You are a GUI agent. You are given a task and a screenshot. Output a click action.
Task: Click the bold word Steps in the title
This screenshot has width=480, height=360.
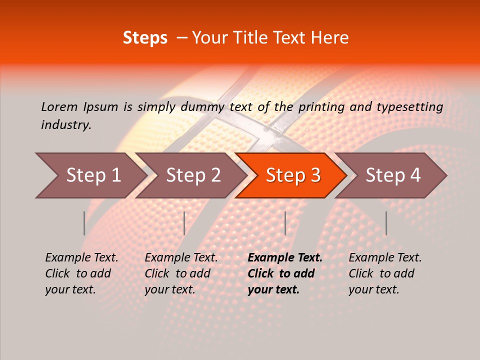145,38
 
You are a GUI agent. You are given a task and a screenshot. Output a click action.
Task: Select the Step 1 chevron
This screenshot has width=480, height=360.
93,175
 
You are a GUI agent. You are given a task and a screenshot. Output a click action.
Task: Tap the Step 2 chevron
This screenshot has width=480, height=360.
193,175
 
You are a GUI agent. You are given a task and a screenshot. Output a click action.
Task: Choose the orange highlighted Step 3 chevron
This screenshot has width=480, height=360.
293,175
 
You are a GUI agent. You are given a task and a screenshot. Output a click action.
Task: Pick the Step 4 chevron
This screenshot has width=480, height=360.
393,175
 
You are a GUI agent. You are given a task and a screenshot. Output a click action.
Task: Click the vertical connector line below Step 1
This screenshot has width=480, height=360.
84,223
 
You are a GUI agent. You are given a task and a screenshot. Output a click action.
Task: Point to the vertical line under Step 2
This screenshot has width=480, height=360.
184,223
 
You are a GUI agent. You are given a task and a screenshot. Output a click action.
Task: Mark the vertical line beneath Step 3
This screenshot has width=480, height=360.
285,223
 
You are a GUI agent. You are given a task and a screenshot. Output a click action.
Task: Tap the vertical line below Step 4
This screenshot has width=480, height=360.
386,223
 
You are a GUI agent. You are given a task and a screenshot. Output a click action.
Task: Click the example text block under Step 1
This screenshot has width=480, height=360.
81,273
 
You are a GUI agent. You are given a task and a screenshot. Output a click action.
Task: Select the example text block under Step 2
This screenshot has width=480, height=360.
181,273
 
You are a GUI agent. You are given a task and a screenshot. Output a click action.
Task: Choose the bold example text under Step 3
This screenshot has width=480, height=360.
285,273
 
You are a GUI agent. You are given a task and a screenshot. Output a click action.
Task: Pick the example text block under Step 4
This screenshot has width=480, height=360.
385,273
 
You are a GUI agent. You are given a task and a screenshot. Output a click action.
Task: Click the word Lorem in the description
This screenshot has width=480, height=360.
59,106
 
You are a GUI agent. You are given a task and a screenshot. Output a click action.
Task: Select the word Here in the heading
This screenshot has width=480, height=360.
332,38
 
